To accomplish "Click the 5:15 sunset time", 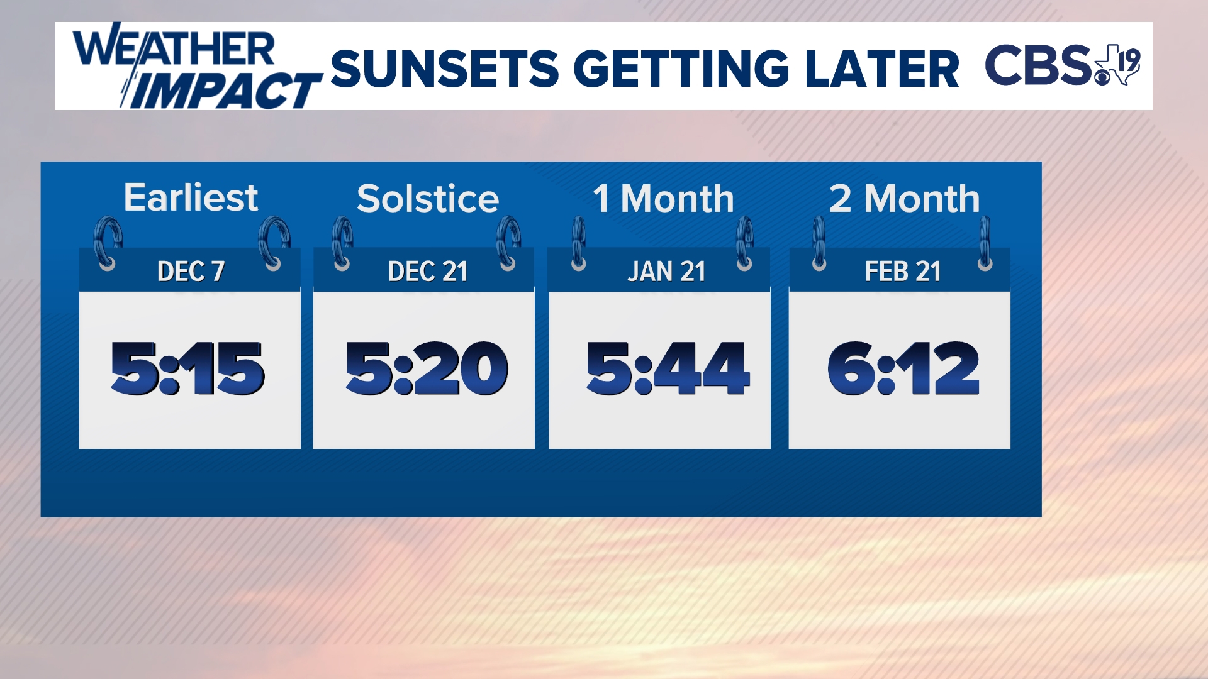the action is [x=187, y=368].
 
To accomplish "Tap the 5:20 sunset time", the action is [x=427, y=368].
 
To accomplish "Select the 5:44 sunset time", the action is [x=668, y=368].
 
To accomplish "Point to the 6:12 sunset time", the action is [x=903, y=368].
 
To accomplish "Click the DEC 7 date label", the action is [x=191, y=272].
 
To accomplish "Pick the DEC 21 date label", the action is [x=428, y=272].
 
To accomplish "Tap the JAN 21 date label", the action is [x=666, y=272].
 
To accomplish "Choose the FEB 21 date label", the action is [x=903, y=272].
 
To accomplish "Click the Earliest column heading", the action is [x=191, y=197].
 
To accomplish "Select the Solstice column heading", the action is [x=428, y=199].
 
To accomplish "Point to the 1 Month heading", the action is [x=663, y=199].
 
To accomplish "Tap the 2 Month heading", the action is [x=904, y=199].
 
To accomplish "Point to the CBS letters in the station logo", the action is [x=1039, y=65].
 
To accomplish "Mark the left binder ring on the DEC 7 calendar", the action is [x=108, y=244].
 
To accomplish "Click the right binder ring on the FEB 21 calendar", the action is [x=985, y=244].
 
